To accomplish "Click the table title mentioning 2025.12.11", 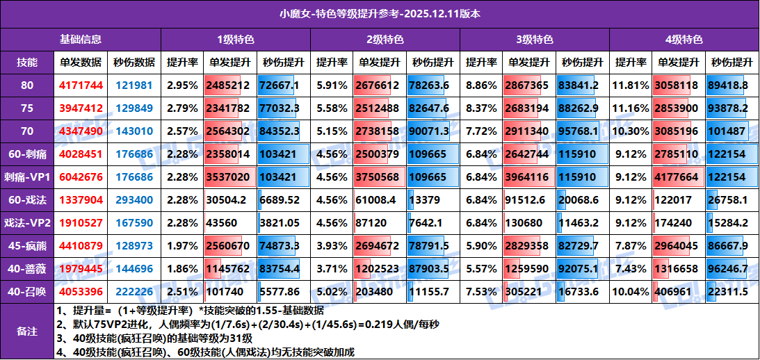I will click(x=380, y=13).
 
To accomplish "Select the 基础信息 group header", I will click(x=81, y=39).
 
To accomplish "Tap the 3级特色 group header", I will click(x=534, y=39).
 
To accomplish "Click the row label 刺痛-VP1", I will click(x=27, y=177).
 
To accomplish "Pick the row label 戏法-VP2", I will click(x=27, y=222).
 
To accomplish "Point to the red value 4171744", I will click(x=81, y=85).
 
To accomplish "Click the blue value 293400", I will click(x=134, y=199).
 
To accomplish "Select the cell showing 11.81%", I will click(x=630, y=85).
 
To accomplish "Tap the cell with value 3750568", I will click(x=379, y=177).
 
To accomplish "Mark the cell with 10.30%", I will click(x=630, y=131).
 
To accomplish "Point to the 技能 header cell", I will click(x=27, y=62).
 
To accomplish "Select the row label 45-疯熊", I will click(x=27, y=245).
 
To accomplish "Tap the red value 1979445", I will click(x=81, y=268).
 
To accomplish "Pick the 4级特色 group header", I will click(x=684, y=39).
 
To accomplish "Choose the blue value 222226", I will click(x=134, y=291).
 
